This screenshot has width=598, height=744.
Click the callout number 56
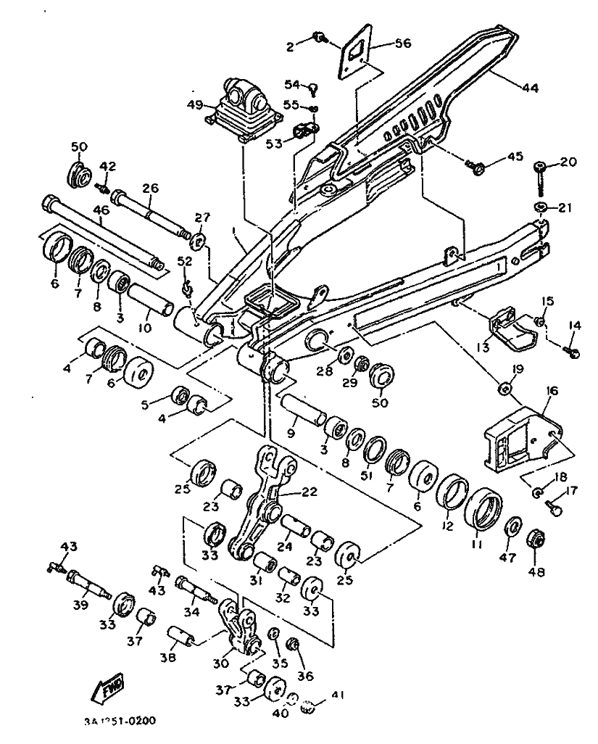(x=402, y=44)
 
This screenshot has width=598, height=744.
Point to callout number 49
(x=194, y=104)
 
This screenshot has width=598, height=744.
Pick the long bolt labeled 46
(x=101, y=232)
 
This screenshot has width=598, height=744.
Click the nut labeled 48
(x=536, y=540)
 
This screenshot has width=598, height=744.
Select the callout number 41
(x=335, y=695)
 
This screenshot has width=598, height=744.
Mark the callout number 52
(x=185, y=261)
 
